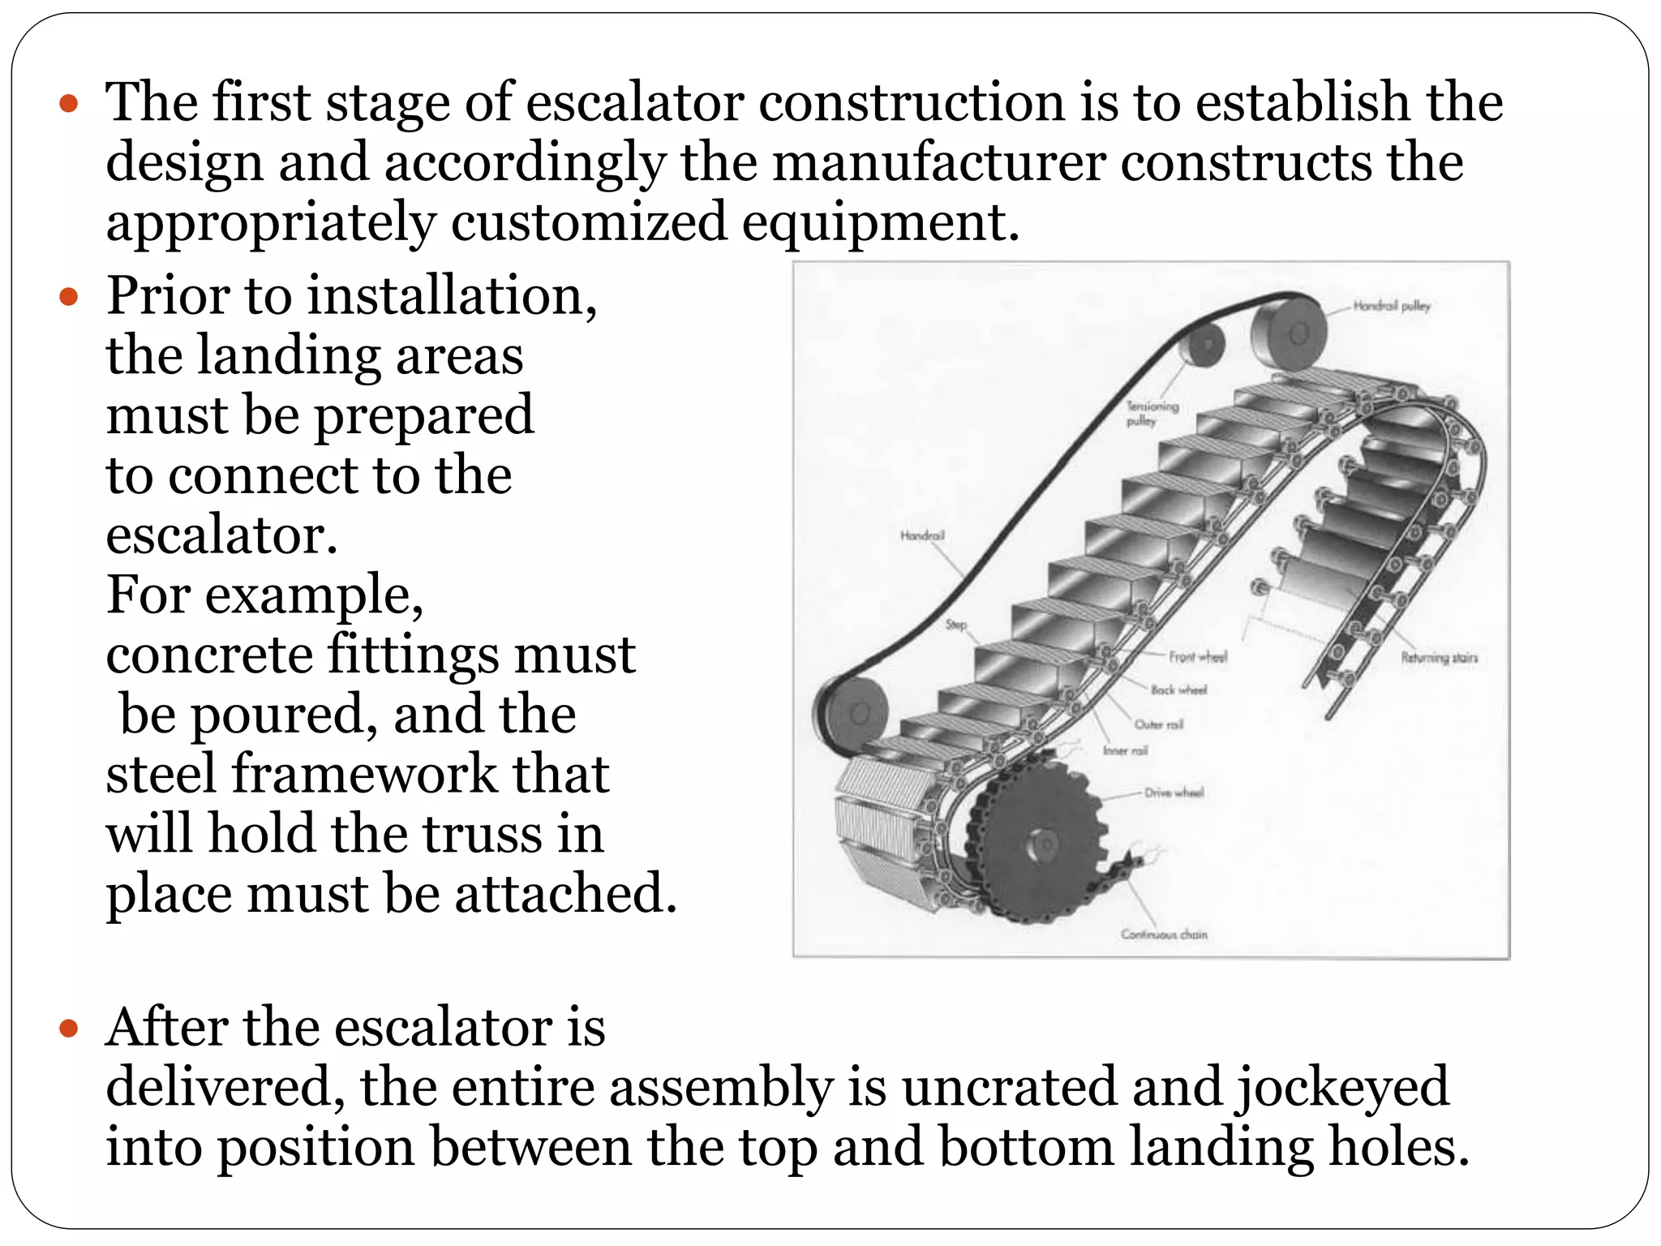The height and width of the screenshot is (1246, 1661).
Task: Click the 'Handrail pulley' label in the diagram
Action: point(1391,306)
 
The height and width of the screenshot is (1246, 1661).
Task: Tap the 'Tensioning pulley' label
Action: point(1152,413)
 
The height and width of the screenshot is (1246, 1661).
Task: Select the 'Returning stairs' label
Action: point(1440,657)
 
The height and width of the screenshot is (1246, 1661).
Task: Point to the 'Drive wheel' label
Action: point(1174,792)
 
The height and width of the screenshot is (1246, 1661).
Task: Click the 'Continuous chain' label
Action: point(1164,934)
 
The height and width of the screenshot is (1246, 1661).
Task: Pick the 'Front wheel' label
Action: point(1198,656)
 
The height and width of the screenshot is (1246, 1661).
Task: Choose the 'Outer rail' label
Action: point(1158,724)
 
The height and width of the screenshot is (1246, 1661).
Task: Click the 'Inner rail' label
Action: point(1125,750)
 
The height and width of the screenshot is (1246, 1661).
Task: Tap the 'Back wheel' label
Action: point(1178,690)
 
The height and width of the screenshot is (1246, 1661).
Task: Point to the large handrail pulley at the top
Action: point(1290,333)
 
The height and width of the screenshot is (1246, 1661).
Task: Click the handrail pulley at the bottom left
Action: point(852,711)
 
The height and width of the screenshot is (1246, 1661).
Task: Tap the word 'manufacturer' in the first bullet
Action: point(938,162)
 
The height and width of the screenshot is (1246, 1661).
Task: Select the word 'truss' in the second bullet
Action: point(474,834)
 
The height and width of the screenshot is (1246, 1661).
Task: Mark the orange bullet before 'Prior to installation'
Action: point(69,296)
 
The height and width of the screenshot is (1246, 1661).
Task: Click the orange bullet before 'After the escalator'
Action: point(69,1029)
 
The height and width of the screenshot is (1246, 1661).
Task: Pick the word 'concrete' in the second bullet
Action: point(209,655)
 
